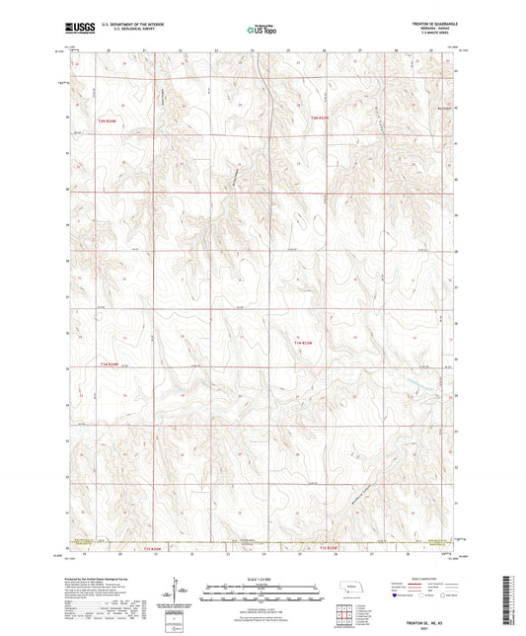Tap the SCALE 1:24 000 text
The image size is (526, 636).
[263, 578]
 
